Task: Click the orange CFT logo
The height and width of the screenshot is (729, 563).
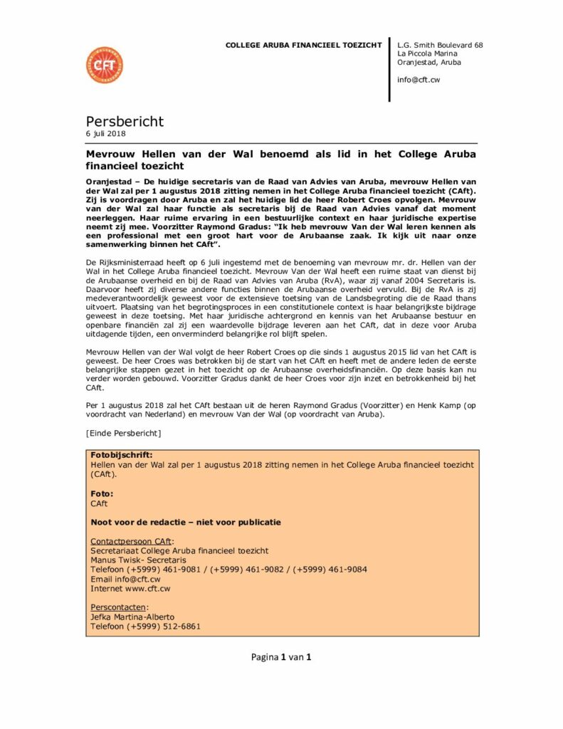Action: [104, 65]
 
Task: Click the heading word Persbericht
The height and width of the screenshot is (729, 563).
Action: [125, 121]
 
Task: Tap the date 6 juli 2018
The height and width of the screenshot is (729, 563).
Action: [105, 134]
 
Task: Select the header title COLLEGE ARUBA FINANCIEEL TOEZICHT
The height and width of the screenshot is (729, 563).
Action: [303, 46]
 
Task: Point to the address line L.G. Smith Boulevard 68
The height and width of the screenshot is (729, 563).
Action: [440, 46]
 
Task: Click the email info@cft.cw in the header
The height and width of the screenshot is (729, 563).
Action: [419, 80]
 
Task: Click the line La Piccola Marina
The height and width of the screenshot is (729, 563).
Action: [427, 54]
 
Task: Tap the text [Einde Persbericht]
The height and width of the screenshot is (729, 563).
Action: [123, 433]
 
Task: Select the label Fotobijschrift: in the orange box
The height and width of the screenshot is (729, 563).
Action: [122, 455]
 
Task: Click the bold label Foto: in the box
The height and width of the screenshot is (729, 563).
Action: [102, 493]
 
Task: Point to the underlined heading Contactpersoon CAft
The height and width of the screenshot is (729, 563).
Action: [132, 542]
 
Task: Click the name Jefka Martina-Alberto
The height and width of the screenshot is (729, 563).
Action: [132, 617]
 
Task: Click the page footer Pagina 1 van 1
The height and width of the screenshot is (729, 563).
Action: [281, 657]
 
